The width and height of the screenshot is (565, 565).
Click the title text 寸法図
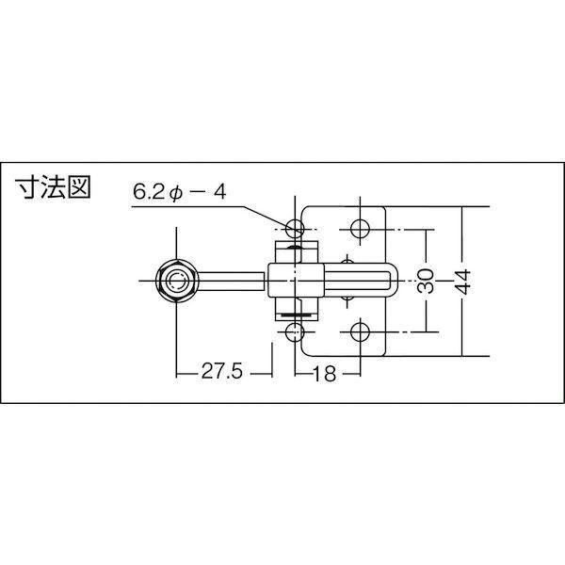[53, 187]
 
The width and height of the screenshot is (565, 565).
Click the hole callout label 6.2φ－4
[180, 192]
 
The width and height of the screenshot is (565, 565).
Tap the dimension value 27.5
[222, 371]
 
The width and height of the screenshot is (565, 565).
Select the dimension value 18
[325, 374]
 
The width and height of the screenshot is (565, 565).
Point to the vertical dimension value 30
[426, 281]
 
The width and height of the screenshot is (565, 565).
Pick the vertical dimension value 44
[462, 282]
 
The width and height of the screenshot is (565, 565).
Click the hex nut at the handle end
[177, 281]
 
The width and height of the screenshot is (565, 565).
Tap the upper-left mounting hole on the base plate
[295, 229]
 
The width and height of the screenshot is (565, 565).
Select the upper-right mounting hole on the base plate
[360, 229]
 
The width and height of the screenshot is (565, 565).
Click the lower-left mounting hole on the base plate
[295, 331]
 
